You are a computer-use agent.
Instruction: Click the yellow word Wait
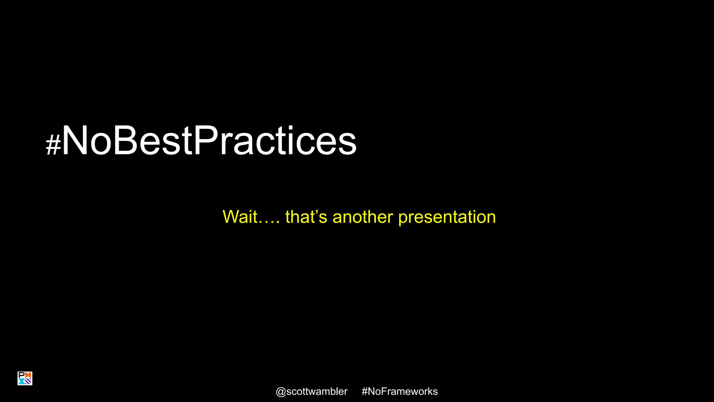(x=240, y=217)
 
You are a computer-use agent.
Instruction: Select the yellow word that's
(x=306, y=217)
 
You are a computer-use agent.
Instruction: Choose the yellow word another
(x=363, y=217)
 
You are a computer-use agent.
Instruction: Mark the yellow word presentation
(x=447, y=217)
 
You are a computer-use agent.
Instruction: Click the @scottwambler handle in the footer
(x=311, y=392)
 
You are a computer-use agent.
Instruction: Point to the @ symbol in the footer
(x=281, y=392)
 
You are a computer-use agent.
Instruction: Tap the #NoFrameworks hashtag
(x=400, y=392)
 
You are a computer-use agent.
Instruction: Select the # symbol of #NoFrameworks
(x=364, y=392)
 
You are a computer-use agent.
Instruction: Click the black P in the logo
(x=21, y=375)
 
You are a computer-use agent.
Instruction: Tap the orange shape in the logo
(x=28, y=375)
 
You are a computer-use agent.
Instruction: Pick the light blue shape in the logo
(x=22, y=381)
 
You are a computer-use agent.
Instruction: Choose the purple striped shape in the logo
(x=28, y=381)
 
